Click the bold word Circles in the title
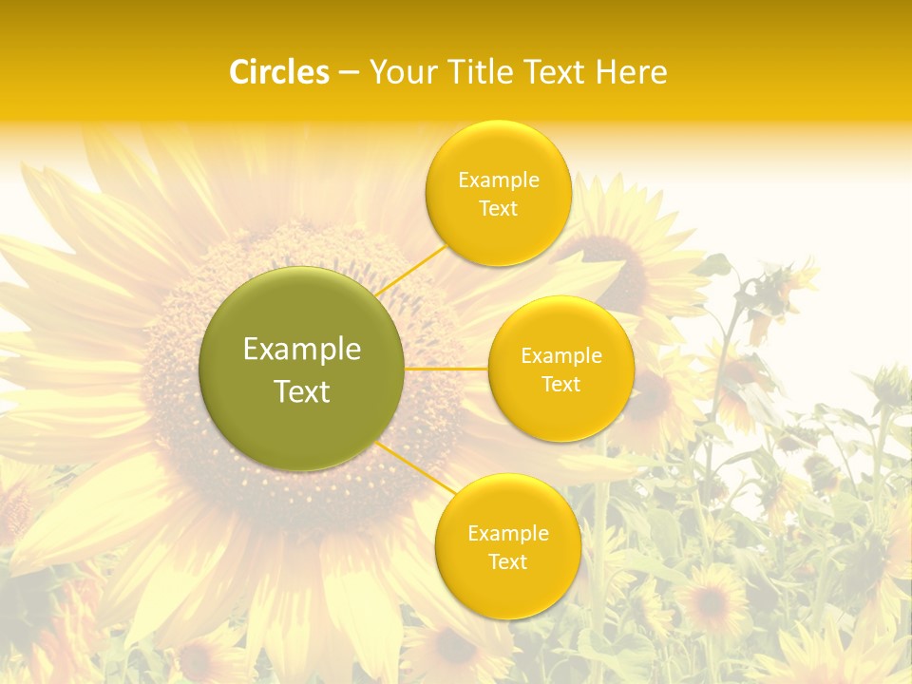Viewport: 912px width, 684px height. pyautogui.click(x=279, y=72)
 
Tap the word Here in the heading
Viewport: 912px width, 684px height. pyautogui.click(x=631, y=72)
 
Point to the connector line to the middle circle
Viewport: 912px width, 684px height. pyautogui.click(x=446, y=368)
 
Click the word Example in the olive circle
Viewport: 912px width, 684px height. pyautogui.click(x=302, y=350)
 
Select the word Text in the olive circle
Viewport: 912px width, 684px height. pyautogui.click(x=302, y=391)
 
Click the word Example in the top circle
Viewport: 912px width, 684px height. pyautogui.click(x=499, y=180)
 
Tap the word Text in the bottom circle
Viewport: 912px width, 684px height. pyautogui.click(x=507, y=561)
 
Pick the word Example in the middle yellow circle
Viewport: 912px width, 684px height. pyautogui.click(x=561, y=356)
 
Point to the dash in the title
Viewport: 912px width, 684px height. pyautogui.click(x=349, y=72)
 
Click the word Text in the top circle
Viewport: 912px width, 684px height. pyautogui.click(x=498, y=209)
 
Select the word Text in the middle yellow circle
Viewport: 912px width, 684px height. pyautogui.click(x=561, y=385)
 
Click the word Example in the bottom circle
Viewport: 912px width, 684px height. pyautogui.click(x=508, y=534)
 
